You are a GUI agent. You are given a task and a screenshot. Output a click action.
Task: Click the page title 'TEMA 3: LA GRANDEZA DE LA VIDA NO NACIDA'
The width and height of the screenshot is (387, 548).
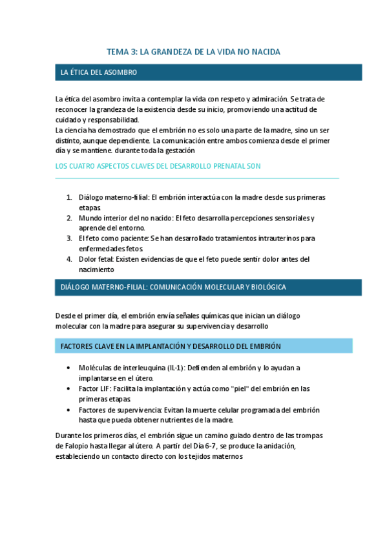point(193,51)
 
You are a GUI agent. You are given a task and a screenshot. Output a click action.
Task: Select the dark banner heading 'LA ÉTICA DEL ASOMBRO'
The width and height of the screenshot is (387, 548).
point(99,72)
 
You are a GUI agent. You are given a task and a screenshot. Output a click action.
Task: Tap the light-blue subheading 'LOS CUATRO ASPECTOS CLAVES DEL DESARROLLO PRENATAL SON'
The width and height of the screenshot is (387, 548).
point(158,166)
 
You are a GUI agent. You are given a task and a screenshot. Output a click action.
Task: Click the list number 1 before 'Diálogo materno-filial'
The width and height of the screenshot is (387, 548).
point(69,196)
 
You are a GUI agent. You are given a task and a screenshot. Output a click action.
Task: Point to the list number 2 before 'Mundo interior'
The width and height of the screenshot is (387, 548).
point(69,218)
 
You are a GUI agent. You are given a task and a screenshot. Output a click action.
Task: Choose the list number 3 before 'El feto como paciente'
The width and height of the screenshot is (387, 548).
point(69,238)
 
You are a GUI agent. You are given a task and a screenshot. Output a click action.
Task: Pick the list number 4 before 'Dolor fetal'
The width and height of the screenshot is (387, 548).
point(69,259)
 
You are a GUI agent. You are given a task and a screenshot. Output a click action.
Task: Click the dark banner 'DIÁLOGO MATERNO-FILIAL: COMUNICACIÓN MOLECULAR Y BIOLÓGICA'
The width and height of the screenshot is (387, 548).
point(173,287)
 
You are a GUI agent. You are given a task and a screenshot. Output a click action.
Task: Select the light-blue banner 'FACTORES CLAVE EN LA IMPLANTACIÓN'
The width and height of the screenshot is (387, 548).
point(171,346)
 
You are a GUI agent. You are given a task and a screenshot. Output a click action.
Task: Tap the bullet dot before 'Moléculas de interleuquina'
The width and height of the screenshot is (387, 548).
point(69,368)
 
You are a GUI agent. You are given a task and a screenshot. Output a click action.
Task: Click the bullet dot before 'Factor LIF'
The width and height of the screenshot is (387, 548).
point(69,389)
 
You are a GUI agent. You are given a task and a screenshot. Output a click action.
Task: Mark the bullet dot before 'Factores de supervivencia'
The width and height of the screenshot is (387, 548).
point(69,410)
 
